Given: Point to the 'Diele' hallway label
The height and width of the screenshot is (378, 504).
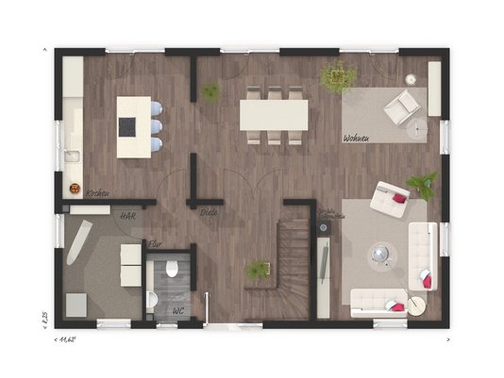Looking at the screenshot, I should coord(208,213).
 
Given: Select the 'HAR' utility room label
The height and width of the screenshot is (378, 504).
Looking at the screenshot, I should coord(125,215).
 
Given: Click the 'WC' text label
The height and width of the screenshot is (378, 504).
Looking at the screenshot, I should coord(178,310).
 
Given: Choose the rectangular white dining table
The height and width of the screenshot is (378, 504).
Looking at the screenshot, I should coord(274,115).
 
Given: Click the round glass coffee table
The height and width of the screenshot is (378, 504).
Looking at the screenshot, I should coord(382,254).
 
